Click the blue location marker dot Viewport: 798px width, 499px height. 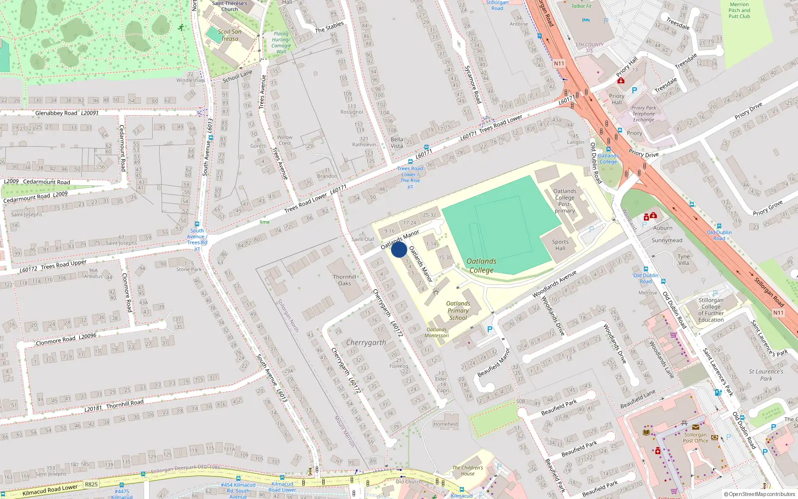pyautogui.click(x=399, y=249)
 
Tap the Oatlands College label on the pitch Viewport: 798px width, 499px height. pyautogui.click(x=481, y=265)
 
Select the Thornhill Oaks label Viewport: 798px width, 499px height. pyautogui.click(x=345, y=280)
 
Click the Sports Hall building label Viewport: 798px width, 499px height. pyautogui.click(x=560, y=245)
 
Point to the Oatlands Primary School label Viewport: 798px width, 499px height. pyautogui.click(x=458, y=310)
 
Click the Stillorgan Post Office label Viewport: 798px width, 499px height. pyautogui.click(x=695, y=438)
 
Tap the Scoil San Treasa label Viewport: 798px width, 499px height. pyautogui.click(x=229, y=35)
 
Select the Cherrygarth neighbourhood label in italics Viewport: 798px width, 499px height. pyautogui.click(x=366, y=342)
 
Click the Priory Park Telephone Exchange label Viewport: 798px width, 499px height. pyautogui.click(x=643, y=114)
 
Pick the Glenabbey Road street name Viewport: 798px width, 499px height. pyautogui.click(x=56, y=113)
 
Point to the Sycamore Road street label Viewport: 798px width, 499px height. pyautogui.click(x=473, y=84)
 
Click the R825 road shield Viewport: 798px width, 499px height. pyautogui.click(x=91, y=484)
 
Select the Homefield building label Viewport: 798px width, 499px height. pyautogui.click(x=445, y=424)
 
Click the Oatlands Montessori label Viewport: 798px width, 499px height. pyautogui.click(x=436, y=332)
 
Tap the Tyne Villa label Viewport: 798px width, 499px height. pyautogui.click(x=683, y=259)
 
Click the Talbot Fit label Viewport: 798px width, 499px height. pyautogui.click(x=581, y=6)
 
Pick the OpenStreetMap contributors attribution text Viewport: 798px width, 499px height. pyautogui.click(x=760, y=494)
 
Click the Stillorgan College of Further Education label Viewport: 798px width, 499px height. pyautogui.click(x=711, y=310)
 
